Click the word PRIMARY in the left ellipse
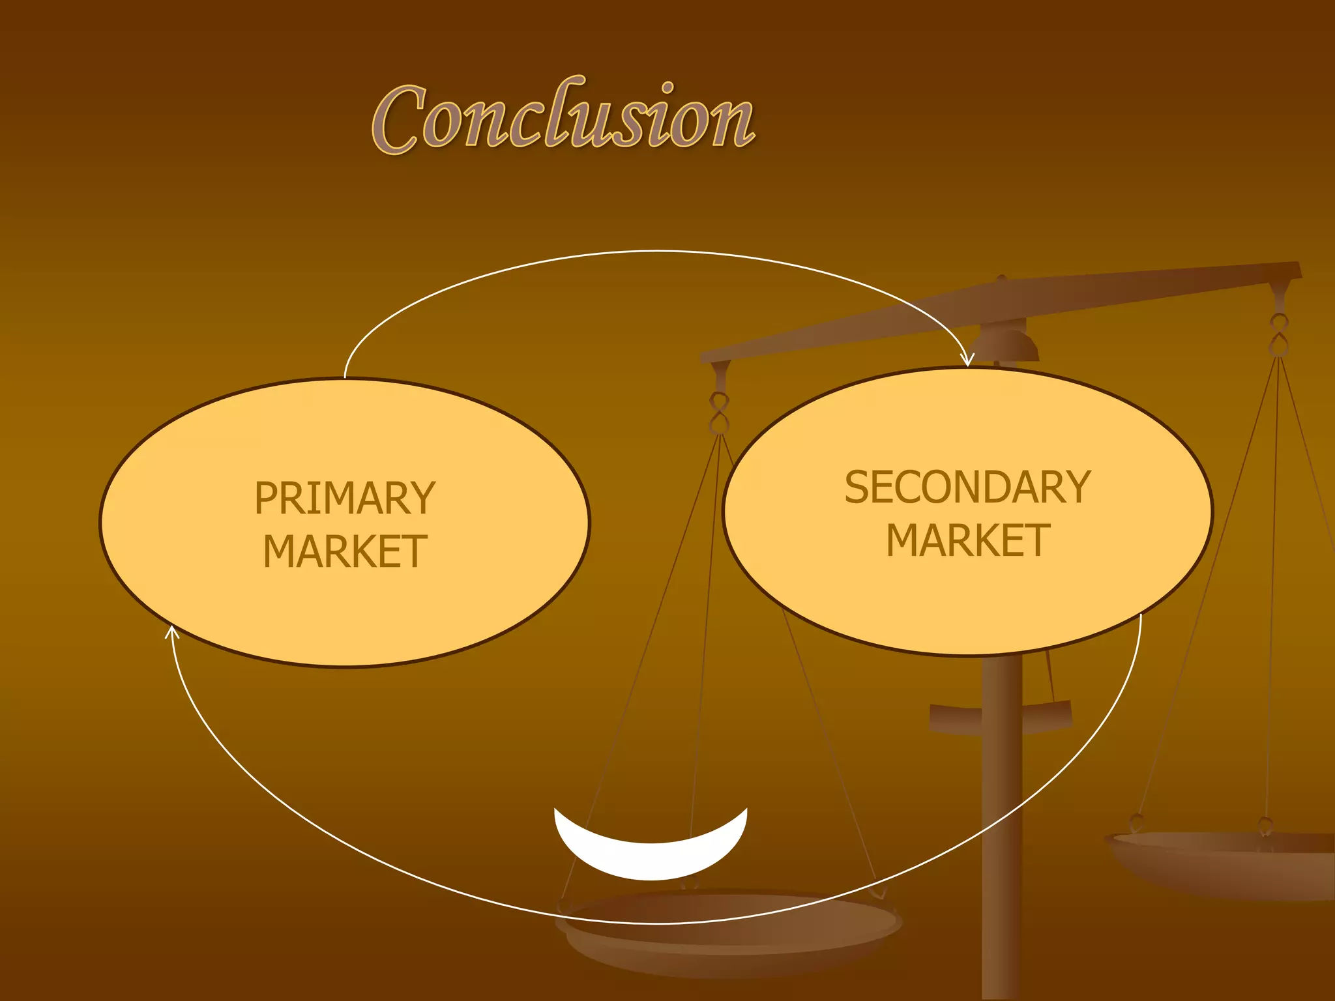[345, 498]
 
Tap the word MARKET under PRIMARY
[345, 552]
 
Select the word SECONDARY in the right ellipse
[967, 487]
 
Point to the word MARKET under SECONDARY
[967, 540]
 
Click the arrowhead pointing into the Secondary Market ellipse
[968, 360]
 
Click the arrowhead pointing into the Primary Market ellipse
[171, 631]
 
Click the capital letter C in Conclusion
[399, 121]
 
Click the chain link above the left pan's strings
[719, 413]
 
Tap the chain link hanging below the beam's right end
[1279, 334]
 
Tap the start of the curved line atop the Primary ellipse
[345, 377]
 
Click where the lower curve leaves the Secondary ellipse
[1141, 616]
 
